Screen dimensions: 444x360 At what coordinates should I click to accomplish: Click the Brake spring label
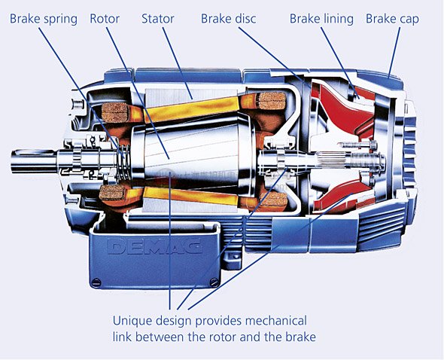pos(44,19)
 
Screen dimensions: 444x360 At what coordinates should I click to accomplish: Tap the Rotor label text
pos(105,19)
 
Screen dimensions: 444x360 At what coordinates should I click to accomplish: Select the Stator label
pos(158,19)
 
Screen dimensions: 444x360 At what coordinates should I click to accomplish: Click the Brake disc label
pos(228,19)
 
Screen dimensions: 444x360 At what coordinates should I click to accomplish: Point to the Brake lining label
pos(321,19)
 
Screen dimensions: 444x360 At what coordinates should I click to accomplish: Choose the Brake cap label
pos(392,19)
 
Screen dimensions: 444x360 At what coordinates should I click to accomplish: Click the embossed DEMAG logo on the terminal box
pos(154,246)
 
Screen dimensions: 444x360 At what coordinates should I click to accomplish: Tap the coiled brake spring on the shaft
pos(124,163)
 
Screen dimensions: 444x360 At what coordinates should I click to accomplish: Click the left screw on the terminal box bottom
pos(96,282)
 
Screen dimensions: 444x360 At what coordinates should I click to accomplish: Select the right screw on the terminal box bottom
pos(214,282)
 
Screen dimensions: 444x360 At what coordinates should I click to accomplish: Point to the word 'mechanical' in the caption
pos(275,321)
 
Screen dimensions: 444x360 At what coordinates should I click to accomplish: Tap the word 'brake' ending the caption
pos(300,337)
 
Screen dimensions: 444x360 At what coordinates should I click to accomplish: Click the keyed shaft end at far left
pos(33,161)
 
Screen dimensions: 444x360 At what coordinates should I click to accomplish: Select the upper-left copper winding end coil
pos(114,112)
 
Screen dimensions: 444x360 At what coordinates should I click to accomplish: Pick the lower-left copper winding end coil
pos(113,193)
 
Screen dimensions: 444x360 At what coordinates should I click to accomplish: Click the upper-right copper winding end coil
pos(272,101)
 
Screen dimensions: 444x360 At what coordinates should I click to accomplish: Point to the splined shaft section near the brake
pos(332,160)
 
